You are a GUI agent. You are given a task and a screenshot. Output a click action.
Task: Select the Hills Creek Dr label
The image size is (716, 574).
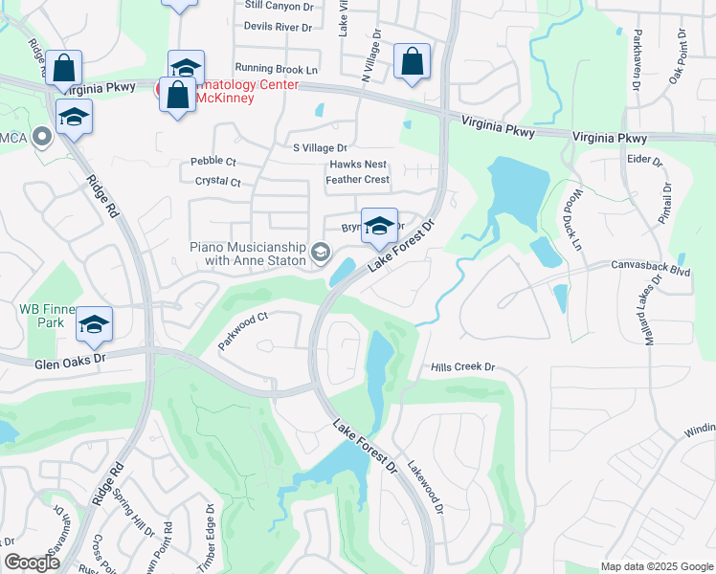tap(462, 367)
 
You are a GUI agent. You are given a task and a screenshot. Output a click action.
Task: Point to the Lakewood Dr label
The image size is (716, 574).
tap(425, 488)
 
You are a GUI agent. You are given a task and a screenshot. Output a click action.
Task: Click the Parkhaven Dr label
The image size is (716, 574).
tap(636, 59)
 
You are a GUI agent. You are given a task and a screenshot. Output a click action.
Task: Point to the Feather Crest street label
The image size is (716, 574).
tap(358, 180)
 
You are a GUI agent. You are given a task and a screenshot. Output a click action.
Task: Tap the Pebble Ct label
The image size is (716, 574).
tap(213, 161)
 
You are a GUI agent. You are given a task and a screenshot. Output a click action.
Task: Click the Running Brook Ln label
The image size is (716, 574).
tap(276, 69)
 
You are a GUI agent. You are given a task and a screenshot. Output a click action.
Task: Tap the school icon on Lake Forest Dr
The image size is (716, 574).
tap(379, 227)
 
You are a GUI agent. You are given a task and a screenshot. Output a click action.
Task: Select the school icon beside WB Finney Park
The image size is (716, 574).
tap(94, 323)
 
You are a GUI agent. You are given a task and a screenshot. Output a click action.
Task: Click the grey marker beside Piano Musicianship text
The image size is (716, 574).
tap(321, 254)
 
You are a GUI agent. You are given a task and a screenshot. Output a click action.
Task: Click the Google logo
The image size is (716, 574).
tap(32, 563)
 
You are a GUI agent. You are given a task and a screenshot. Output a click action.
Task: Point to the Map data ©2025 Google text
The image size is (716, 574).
tap(656, 566)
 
